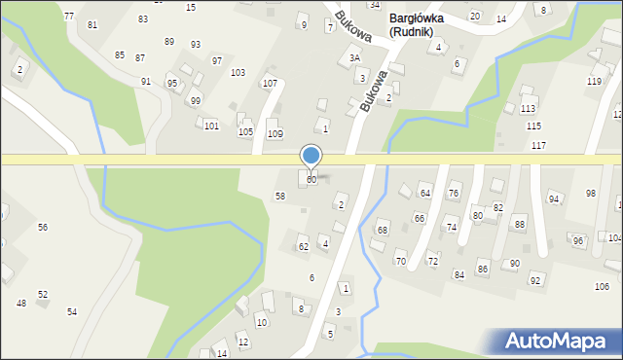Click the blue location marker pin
(311, 156)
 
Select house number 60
(311, 180)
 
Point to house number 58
(280, 197)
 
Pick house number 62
(304, 247)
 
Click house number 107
(270, 84)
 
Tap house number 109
(275, 133)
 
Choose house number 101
(211, 126)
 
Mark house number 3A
(355, 58)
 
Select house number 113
(528, 109)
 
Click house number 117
(539, 146)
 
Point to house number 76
(453, 195)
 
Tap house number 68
(383, 231)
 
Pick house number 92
(535, 280)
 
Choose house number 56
(43, 227)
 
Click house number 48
(21, 304)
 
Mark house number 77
(68, 18)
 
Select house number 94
(554, 199)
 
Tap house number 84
(458, 275)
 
